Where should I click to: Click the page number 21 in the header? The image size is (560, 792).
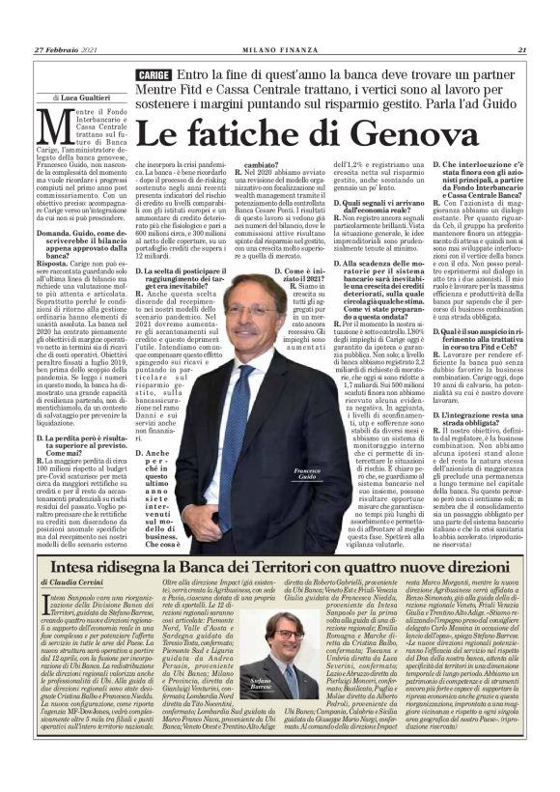[x=520, y=50]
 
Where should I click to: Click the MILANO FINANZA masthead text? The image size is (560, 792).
[x=280, y=50]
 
